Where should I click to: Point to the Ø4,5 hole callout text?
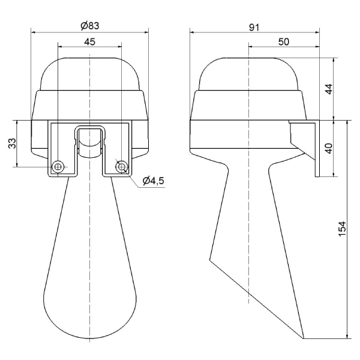point(154,181)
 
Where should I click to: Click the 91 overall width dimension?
point(254,26)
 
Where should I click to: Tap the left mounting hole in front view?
point(58,166)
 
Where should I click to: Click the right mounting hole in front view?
point(121,166)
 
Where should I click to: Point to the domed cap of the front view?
point(89,72)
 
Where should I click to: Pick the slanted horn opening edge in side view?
point(255,297)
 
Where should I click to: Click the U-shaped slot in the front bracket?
point(89,141)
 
